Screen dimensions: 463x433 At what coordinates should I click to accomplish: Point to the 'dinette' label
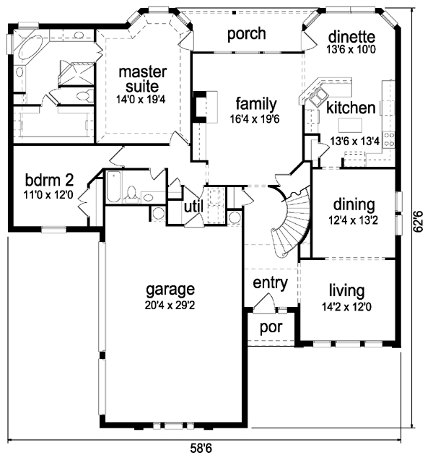(x=351, y=36)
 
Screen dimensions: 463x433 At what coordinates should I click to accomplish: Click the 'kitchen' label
(x=351, y=108)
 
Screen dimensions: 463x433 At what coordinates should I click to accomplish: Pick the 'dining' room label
(x=354, y=204)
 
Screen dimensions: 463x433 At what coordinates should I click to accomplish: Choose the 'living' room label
(x=346, y=291)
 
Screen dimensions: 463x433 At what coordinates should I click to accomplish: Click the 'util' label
(x=193, y=207)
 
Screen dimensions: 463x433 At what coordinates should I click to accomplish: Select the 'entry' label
(x=271, y=282)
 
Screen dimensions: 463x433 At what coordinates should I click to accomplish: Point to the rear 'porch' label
(x=246, y=34)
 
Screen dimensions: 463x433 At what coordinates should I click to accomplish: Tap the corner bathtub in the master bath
(x=30, y=51)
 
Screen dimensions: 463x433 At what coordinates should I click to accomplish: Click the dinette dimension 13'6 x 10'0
(x=351, y=51)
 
